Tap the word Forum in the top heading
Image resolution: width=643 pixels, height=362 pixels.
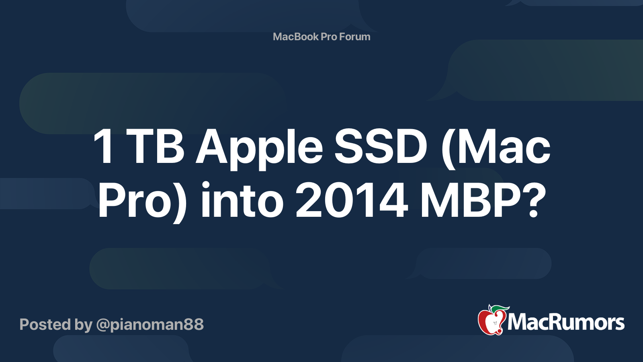pos(354,37)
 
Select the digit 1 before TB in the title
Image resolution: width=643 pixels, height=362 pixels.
pos(104,147)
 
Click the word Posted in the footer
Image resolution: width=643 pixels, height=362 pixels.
pos(45,325)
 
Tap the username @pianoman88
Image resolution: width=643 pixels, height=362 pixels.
pos(150,325)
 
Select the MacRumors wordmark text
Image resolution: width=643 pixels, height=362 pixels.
pos(566,323)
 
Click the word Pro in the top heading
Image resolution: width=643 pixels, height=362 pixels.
pos(329,37)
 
